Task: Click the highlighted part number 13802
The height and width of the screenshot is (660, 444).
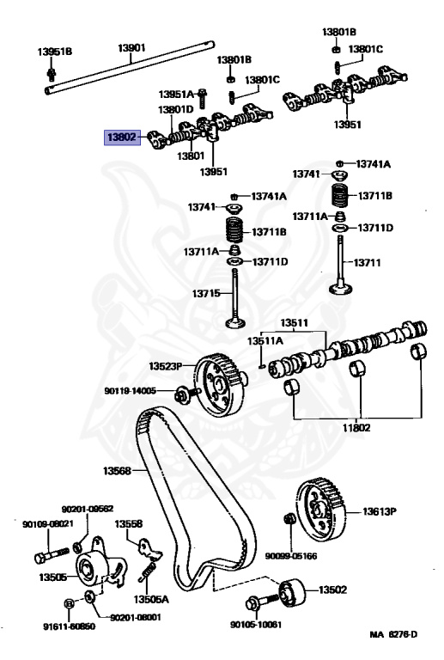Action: click(120, 136)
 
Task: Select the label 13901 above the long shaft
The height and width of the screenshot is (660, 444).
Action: click(131, 50)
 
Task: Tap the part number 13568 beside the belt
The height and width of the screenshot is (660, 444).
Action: click(118, 470)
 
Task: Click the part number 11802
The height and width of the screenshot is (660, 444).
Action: click(359, 427)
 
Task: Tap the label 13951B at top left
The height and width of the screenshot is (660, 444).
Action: click(54, 51)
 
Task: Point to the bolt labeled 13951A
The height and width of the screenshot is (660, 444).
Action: click(204, 95)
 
